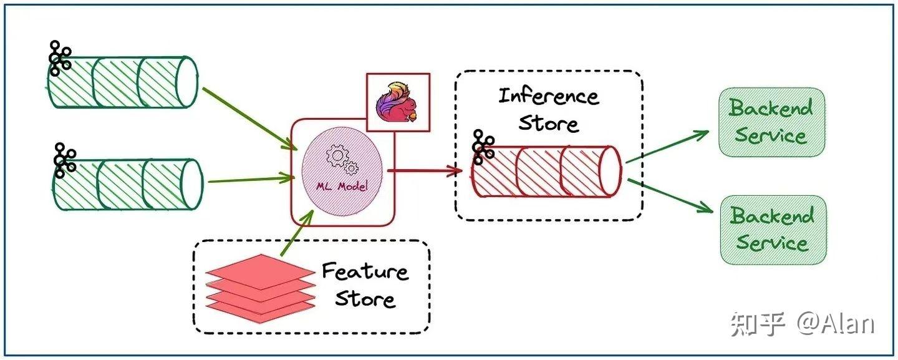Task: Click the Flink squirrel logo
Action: click(x=397, y=102)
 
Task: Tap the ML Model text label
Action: click(x=342, y=186)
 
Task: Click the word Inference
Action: click(x=549, y=97)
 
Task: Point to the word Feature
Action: click(x=365, y=271)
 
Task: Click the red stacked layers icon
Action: click(x=260, y=289)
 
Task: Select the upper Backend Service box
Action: click(x=772, y=122)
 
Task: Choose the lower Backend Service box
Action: click(x=773, y=230)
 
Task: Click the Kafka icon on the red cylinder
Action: click(x=483, y=147)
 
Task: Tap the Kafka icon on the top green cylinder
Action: click(x=60, y=58)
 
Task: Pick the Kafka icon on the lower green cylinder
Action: click(x=65, y=160)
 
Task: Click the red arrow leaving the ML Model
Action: click(x=425, y=171)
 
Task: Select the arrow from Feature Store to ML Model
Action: click(x=297, y=233)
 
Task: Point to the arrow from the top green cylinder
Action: click(x=249, y=119)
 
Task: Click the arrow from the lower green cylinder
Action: click(x=251, y=179)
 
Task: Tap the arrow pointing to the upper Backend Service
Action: click(x=667, y=147)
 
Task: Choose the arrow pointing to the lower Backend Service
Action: click(x=670, y=196)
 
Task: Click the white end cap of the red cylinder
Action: click(x=610, y=171)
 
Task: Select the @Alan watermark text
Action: click(x=836, y=324)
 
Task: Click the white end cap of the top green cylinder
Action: click(x=187, y=82)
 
